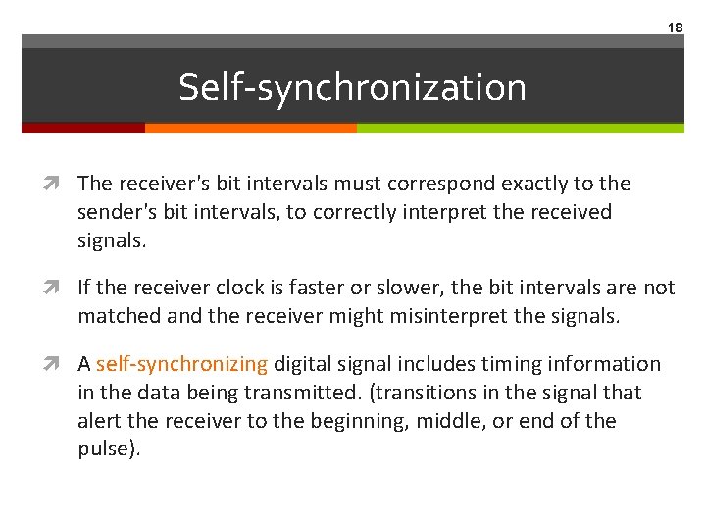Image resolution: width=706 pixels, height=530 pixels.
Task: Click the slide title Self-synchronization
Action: coord(352,87)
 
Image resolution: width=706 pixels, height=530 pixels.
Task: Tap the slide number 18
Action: coord(675,27)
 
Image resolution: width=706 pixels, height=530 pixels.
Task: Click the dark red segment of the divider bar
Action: coord(83,128)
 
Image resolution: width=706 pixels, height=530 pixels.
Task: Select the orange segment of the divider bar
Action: coord(250,128)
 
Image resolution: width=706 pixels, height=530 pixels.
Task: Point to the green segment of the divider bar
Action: coord(520,128)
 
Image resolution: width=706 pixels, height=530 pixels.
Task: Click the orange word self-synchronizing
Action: coord(181,364)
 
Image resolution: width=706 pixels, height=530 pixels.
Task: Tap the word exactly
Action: coord(521,184)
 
